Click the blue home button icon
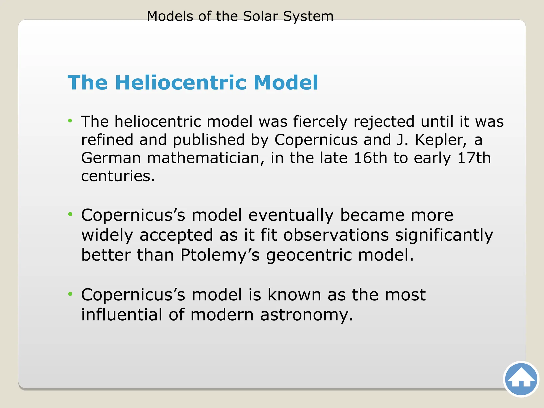coord(521,379)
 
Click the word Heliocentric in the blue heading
coord(181,83)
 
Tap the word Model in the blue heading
coord(286,83)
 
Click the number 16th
coord(371,158)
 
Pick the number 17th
coord(474,158)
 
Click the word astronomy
coord(307,315)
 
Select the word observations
coord(336,235)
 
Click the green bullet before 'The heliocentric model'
coord(70,121)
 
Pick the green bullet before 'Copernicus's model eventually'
coord(70,214)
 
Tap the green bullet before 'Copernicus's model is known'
coord(70,294)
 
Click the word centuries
coord(118,176)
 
